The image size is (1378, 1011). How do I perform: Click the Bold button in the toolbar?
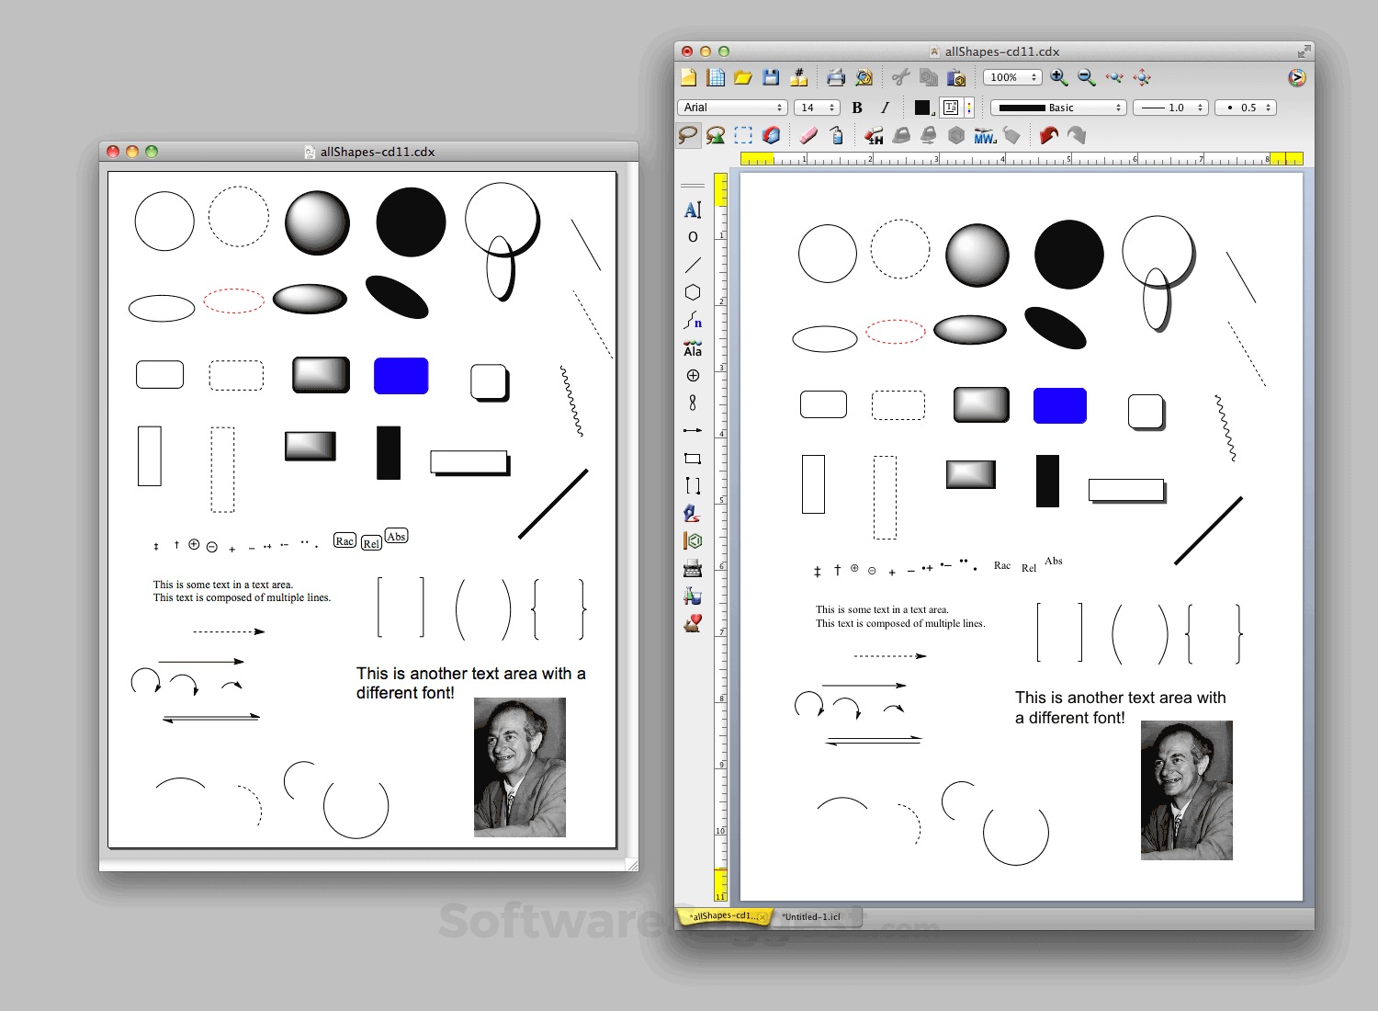(857, 108)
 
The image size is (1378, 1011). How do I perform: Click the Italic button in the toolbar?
(885, 108)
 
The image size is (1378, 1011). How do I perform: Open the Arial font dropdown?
(733, 108)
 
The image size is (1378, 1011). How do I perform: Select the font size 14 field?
(816, 108)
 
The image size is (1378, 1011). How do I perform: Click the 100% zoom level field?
(1011, 77)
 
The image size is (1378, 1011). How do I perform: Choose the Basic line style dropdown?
(1058, 108)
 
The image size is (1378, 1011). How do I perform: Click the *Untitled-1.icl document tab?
(811, 916)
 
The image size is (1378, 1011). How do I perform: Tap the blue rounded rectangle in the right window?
(1059, 405)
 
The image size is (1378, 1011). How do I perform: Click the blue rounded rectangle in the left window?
(401, 376)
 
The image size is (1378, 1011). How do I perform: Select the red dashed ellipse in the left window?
(234, 301)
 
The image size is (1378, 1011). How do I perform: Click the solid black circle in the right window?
(1068, 255)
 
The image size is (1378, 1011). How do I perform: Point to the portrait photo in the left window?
(519, 767)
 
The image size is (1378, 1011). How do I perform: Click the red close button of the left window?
(113, 152)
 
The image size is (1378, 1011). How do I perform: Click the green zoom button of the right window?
(724, 51)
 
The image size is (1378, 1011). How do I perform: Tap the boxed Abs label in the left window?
(396, 536)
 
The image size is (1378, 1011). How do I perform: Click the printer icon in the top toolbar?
(835, 77)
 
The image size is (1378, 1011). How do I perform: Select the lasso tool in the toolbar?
(688, 136)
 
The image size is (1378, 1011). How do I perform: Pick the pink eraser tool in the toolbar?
(808, 136)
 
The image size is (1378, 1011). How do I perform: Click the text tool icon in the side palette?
(693, 210)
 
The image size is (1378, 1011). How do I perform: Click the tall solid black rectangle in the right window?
(1047, 481)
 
